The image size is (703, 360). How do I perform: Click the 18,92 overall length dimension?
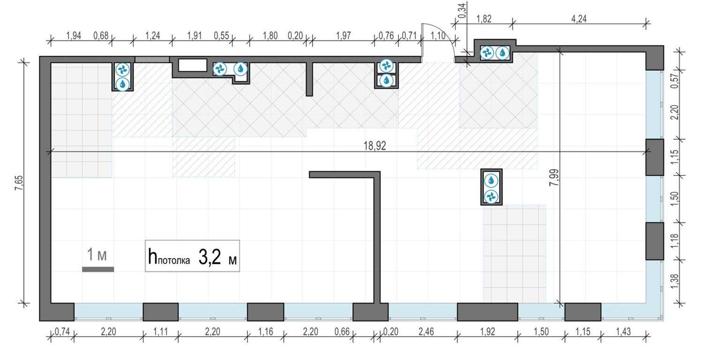click(x=374, y=146)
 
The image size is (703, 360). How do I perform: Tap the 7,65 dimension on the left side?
click(x=19, y=181)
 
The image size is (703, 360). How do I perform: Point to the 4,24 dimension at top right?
click(x=579, y=19)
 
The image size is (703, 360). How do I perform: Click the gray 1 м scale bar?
click(x=98, y=269)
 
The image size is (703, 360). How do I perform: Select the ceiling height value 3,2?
click(x=210, y=258)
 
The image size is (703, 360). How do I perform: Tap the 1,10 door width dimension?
click(x=438, y=36)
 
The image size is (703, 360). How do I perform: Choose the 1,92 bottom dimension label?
click(x=487, y=332)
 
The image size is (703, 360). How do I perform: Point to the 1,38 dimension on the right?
click(x=675, y=281)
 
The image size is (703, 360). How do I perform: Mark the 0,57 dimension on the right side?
click(x=675, y=82)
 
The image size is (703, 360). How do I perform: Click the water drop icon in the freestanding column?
click(x=491, y=180)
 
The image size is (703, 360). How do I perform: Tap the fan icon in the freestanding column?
click(x=491, y=196)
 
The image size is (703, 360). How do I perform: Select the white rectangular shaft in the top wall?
click(x=193, y=65)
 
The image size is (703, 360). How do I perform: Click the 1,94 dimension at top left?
click(x=74, y=36)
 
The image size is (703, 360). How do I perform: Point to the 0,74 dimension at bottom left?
click(x=62, y=332)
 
